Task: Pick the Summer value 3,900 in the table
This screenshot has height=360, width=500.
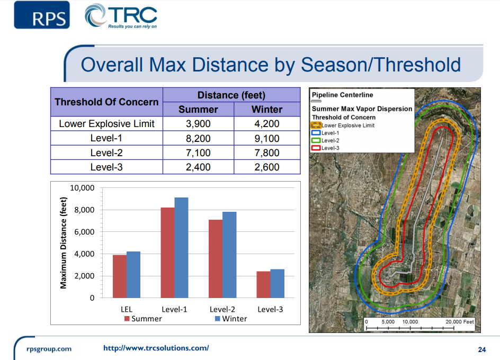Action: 198,124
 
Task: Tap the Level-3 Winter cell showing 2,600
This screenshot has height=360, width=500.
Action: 267,167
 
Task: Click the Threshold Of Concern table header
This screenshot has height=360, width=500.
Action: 106,102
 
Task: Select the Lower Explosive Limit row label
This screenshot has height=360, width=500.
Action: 106,124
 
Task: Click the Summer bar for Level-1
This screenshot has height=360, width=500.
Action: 167,252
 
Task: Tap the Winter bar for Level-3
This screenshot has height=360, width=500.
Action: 277,283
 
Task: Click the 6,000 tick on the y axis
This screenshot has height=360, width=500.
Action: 83,232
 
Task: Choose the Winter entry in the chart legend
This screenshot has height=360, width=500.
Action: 230,319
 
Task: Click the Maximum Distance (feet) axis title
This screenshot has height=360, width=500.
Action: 64,242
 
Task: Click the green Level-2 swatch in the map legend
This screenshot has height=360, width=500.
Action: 316,140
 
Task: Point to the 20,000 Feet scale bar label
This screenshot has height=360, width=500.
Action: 460,321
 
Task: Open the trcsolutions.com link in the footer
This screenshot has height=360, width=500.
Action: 156,348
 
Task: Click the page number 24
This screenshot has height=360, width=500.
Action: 481,349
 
